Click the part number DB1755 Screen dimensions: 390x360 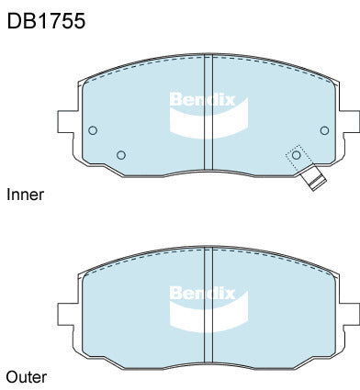(x=46, y=21)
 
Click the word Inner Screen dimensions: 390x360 (x=25, y=195)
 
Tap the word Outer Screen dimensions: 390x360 (x=26, y=376)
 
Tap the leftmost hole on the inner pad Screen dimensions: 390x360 (x=93, y=130)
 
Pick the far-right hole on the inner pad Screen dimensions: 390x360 (x=323, y=130)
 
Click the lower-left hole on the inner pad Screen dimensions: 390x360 (x=122, y=154)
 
